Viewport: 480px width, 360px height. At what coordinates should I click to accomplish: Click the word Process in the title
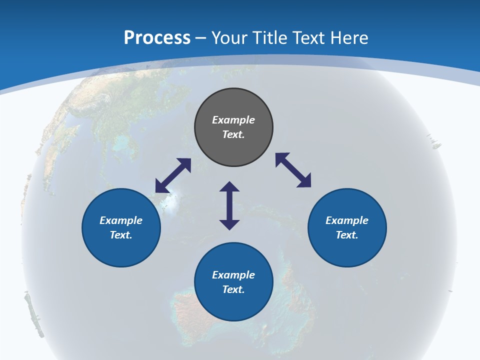point(157,38)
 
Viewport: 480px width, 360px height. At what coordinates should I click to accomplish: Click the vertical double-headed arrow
point(229,205)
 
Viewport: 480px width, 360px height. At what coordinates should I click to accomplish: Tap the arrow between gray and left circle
point(173,175)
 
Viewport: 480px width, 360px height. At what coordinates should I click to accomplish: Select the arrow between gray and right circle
point(293,170)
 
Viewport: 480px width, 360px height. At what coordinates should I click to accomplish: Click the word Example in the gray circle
point(233,120)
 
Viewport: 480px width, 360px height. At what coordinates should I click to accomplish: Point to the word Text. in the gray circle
point(233,134)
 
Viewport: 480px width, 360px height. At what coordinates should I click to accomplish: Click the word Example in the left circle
point(121,220)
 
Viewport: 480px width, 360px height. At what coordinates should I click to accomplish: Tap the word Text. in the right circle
point(347,235)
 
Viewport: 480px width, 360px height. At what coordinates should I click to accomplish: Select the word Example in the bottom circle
point(233,275)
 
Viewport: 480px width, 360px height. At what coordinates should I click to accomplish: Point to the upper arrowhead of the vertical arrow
point(229,187)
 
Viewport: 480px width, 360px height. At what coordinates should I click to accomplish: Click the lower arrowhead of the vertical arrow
point(229,224)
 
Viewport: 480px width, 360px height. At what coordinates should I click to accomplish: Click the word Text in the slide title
point(308,38)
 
